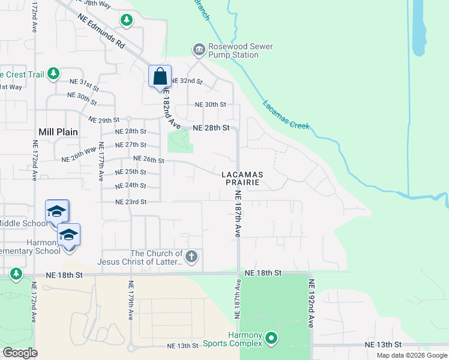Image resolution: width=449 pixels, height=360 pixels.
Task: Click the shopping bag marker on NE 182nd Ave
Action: (160, 77)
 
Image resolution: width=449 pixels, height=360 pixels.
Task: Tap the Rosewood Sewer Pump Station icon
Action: (199, 49)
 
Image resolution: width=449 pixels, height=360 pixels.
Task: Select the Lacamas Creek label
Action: (286, 114)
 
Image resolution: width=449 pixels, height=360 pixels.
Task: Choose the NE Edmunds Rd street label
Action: (101, 35)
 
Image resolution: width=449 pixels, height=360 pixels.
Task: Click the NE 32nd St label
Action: (187, 80)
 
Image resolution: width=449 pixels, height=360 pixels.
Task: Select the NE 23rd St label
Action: (131, 202)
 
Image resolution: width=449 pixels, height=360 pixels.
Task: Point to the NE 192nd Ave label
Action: (312, 303)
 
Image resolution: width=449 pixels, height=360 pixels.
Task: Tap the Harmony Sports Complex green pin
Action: (271, 339)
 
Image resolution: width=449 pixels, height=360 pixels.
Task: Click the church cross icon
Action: (191, 257)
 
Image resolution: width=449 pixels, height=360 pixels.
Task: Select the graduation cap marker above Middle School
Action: (57, 211)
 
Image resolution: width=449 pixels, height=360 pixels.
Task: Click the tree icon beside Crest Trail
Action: (53, 73)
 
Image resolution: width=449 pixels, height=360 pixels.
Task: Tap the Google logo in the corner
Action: (20, 353)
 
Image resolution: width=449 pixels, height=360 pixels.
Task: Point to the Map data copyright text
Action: (411, 355)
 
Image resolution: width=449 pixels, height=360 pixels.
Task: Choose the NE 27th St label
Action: (131, 145)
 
